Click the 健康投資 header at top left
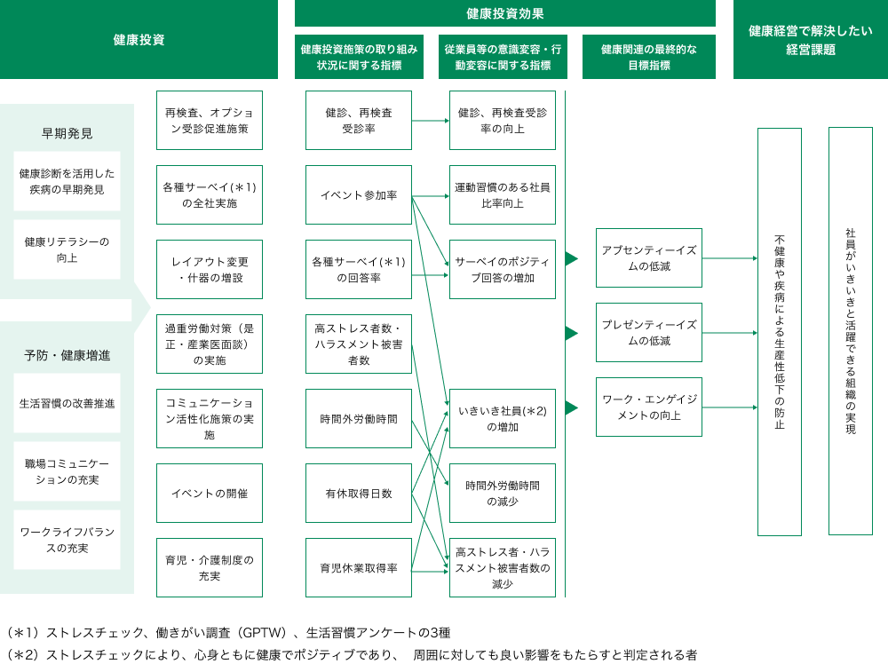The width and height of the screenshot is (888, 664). coord(139,40)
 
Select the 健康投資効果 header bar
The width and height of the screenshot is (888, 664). coord(504,13)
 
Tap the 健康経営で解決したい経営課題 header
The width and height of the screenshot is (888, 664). coord(810,40)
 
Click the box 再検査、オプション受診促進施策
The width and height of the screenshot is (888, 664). coord(210,121)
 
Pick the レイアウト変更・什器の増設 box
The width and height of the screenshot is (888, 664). coord(210,270)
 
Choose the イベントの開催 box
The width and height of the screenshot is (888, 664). coord(210,494)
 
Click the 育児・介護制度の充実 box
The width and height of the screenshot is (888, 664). coord(210,568)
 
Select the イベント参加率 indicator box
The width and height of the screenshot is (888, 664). coord(359,195)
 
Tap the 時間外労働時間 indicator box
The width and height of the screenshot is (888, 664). coord(359,419)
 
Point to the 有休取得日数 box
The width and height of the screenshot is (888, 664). coord(359,494)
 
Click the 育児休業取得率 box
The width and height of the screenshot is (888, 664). coord(359,568)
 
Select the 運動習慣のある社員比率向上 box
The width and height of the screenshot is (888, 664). coord(503,195)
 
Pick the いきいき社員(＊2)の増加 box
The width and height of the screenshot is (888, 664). coord(503,419)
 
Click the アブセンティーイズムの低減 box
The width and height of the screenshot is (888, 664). coord(649,258)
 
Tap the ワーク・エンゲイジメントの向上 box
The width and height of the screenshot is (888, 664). coord(649,407)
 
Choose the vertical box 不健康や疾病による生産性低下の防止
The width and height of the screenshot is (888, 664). coord(780,332)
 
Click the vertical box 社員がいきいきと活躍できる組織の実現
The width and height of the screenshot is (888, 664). coord(851,331)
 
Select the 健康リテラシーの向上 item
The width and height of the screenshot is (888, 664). coord(67,249)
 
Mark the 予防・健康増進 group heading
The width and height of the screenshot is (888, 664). coord(67,355)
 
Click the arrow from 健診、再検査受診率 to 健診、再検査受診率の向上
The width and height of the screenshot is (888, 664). coord(431,121)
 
